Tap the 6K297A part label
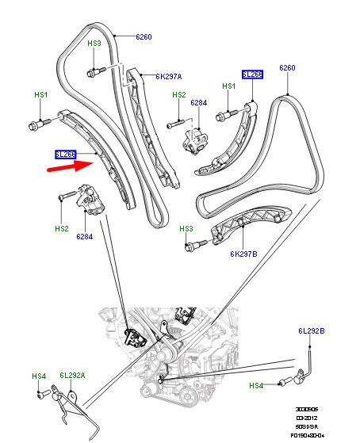(x=169, y=77)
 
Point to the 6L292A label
(x=70, y=376)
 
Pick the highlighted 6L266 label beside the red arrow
(x=65, y=154)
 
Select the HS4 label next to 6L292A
(x=38, y=376)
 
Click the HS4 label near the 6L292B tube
(x=256, y=385)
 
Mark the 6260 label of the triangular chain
(x=287, y=68)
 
